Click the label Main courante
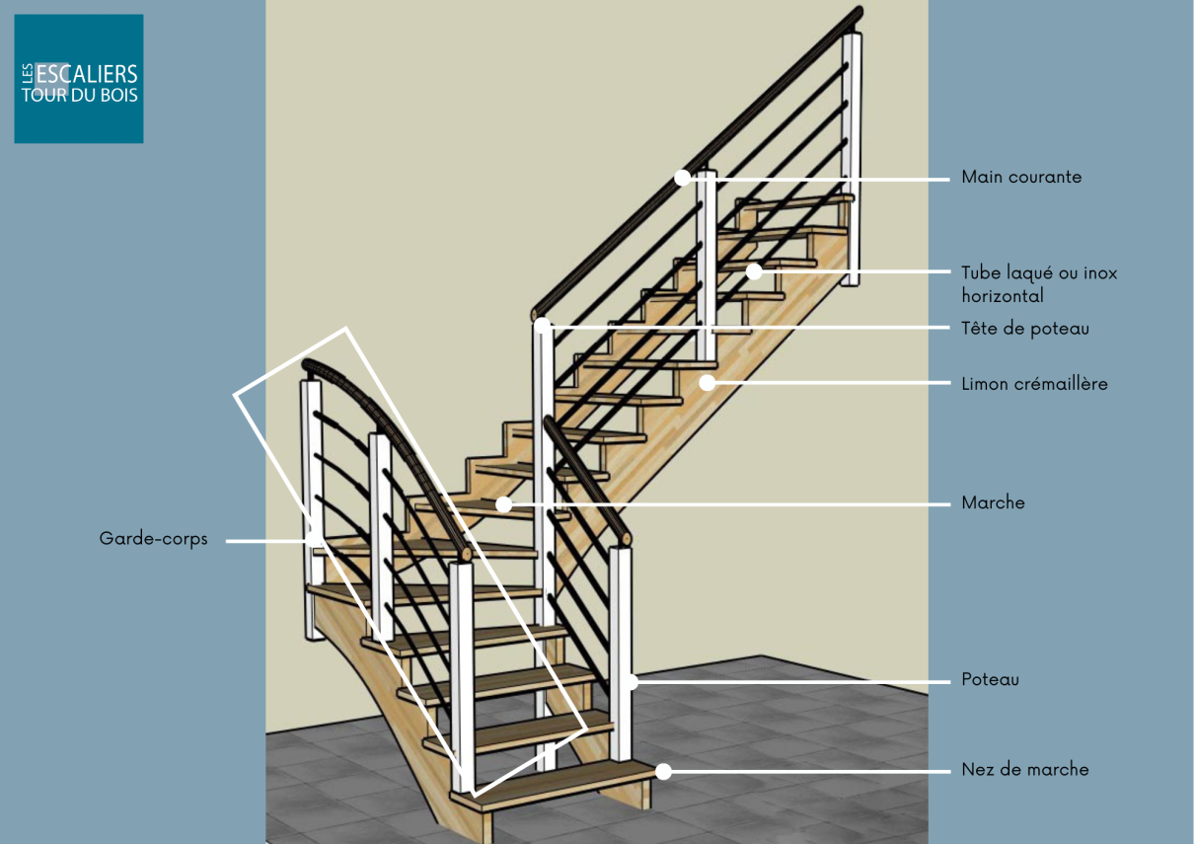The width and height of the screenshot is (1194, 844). [1021, 177]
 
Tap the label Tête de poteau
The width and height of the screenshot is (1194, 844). [1025, 329]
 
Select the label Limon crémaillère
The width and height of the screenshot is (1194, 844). [1034, 384]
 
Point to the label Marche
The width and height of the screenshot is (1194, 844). [993, 502]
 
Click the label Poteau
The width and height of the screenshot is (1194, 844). [991, 679]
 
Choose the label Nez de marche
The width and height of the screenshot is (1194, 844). [1025, 769]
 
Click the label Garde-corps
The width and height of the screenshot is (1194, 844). [154, 539]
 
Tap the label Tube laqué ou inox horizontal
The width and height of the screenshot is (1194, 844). [1039, 284]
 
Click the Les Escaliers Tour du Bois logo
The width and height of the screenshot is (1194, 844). [79, 79]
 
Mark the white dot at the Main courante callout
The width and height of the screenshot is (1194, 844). [682, 178]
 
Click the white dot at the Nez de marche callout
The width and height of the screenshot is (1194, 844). [664, 772]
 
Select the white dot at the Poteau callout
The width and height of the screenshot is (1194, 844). [631, 682]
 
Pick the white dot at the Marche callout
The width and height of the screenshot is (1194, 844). [503, 504]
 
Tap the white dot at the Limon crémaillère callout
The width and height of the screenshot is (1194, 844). [707, 383]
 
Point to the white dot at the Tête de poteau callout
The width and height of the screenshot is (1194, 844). [542, 325]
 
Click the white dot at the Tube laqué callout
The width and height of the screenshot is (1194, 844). [754, 271]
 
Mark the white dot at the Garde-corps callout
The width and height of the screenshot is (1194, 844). [315, 540]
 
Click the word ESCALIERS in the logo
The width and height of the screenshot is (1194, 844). [87, 74]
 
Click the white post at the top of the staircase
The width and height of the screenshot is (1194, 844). [852, 159]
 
